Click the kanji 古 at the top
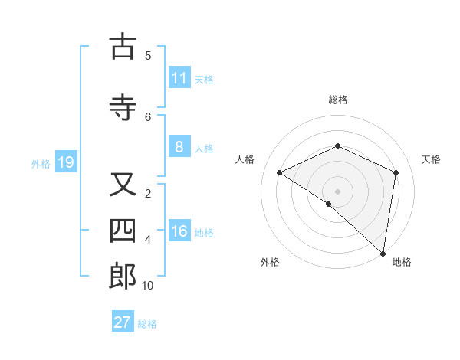(x=123, y=47)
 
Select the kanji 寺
(x=123, y=108)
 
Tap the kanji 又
(x=123, y=185)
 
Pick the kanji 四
(x=123, y=231)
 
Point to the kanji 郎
(x=123, y=277)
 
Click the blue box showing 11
(x=179, y=78)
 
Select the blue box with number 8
(x=179, y=147)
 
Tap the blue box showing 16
(x=179, y=231)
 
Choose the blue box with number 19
(x=65, y=162)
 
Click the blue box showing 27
(x=123, y=322)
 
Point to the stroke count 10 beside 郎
(x=148, y=286)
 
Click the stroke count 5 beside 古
(x=148, y=55)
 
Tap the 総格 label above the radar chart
(x=337, y=100)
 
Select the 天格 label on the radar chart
(x=431, y=159)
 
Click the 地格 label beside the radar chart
(x=402, y=262)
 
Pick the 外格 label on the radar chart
(x=270, y=262)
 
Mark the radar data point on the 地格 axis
(x=383, y=253)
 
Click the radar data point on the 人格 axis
(x=280, y=172)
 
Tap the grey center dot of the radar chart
(x=337, y=191)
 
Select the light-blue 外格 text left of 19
(x=41, y=163)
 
